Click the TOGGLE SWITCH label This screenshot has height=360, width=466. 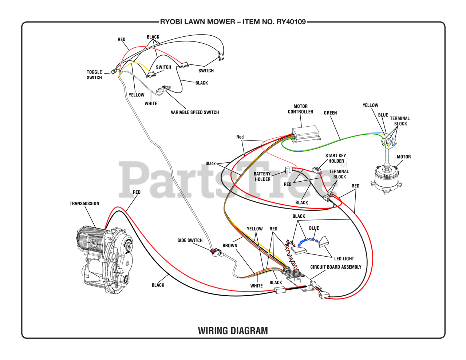[x=94, y=75]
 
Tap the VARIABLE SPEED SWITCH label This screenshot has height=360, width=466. [x=195, y=112]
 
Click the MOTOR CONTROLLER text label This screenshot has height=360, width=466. [x=300, y=109]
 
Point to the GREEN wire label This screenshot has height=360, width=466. [x=330, y=113]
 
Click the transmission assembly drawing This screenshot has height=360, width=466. [x=104, y=258]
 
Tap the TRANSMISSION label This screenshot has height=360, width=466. [x=84, y=203]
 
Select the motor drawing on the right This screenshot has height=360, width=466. [x=386, y=177]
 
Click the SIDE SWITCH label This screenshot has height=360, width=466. [x=190, y=240]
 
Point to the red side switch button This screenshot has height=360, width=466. [x=213, y=251]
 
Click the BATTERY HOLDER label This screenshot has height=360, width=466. [x=262, y=177]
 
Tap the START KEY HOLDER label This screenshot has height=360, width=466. [x=336, y=158]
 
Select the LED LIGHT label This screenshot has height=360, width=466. [x=344, y=258]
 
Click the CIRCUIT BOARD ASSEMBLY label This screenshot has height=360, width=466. [x=336, y=267]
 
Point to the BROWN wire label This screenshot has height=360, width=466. [x=230, y=246]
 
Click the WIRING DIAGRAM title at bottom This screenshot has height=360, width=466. [x=233, y=331]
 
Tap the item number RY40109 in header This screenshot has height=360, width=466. [x=291, y=22]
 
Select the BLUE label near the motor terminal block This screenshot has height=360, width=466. [x=383, y=115]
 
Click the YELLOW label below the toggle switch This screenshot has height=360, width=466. [x=137, y=95]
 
